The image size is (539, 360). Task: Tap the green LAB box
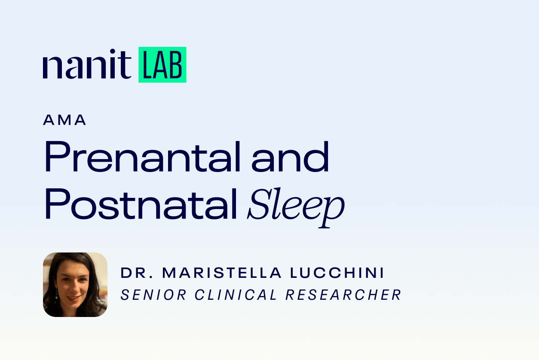click(162, 65)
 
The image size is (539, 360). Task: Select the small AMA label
click(64, 120)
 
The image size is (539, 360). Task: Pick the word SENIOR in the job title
click(153, 295)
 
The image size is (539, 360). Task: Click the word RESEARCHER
click(343, 295)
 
